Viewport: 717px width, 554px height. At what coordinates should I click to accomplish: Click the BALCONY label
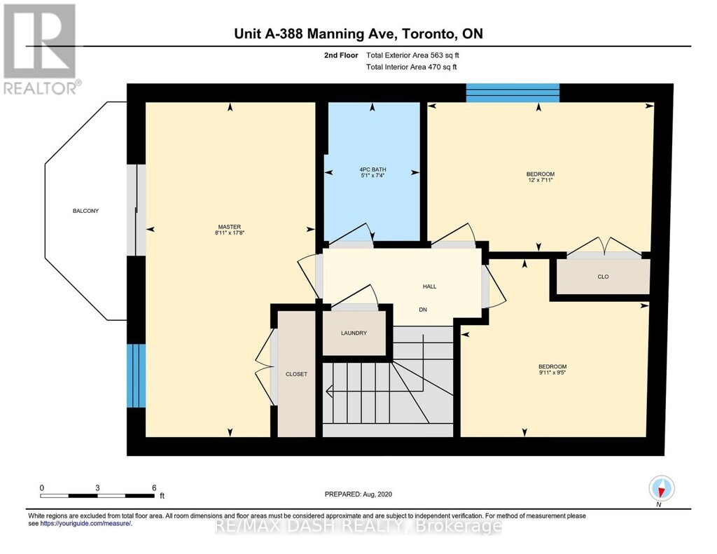pyautogui.click(x=85, y=211)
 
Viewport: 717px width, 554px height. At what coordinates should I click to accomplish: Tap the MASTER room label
pyautogui.click(x=230, y=227)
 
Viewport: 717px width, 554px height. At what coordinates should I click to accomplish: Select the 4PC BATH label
pyautogui.click(x=373, y=169)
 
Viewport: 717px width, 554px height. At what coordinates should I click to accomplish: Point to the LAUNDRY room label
pyautogui.click(x=354, y=333)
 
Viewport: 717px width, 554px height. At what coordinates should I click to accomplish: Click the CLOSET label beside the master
pyautogui.click(x=296, y=374)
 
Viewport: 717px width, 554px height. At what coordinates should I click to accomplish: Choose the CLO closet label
pyautogui.click(x=603, y=277)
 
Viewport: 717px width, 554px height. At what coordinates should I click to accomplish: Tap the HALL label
pyautogui.click(x=429, y=286)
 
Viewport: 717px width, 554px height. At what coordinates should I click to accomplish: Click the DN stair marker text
pyautogui.click(x=423, y=310)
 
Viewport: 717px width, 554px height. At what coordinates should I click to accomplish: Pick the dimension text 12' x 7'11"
pyautogui.click(x=541, y=180)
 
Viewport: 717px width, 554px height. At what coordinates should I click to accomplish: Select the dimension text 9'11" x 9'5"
pyautogui.click(x=552, y=373)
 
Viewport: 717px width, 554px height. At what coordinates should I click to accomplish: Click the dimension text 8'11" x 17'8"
pyautogui.click(x=230, y=233)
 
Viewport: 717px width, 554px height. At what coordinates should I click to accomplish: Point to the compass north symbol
pyautogui.click(x=661, y=489)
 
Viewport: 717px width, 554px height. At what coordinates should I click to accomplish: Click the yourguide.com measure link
pyautogui.click(x=86, y=523)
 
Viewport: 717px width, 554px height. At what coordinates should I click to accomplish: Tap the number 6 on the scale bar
pyautogui.click(x=154, y=487)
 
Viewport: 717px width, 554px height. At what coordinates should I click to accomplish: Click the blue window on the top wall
pyautogui.click(x=512, y=93)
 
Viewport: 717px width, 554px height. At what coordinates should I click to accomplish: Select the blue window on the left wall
pyautogui.click(x=136, y=375)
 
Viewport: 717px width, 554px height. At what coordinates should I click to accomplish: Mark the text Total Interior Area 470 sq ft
pyautogui.click(x=412, y=67)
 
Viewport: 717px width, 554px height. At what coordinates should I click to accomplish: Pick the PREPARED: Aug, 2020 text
pyautogui.click(x=358, y=494)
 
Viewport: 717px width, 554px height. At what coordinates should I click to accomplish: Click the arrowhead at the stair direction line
pyautogui.click(x=328, y=391)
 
